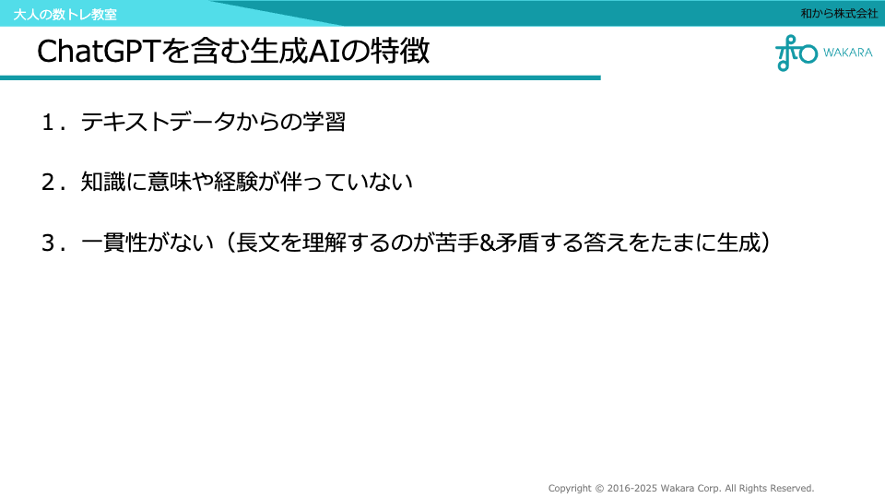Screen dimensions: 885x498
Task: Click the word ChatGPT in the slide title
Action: pyautogui.click(x=100, y=52)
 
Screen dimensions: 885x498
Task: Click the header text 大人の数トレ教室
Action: pyautogui.click(x=65, y=14)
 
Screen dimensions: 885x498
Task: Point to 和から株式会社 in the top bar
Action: pyautogui.click(x=839, y=13)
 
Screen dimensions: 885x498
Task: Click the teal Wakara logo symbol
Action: pyautogui.click(x=796, y=53)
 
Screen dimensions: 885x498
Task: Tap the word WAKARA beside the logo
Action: pyautogui.click(x=848, y=53)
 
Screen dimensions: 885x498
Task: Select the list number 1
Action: pyautogui.click(x=48, y=123)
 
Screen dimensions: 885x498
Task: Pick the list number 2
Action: pyautogui.click(x=48, y=183)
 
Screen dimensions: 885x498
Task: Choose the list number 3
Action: pyautogui.click(x=48, y=243)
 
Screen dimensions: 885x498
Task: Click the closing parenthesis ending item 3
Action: pyautogui.click(x=765, y=243)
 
